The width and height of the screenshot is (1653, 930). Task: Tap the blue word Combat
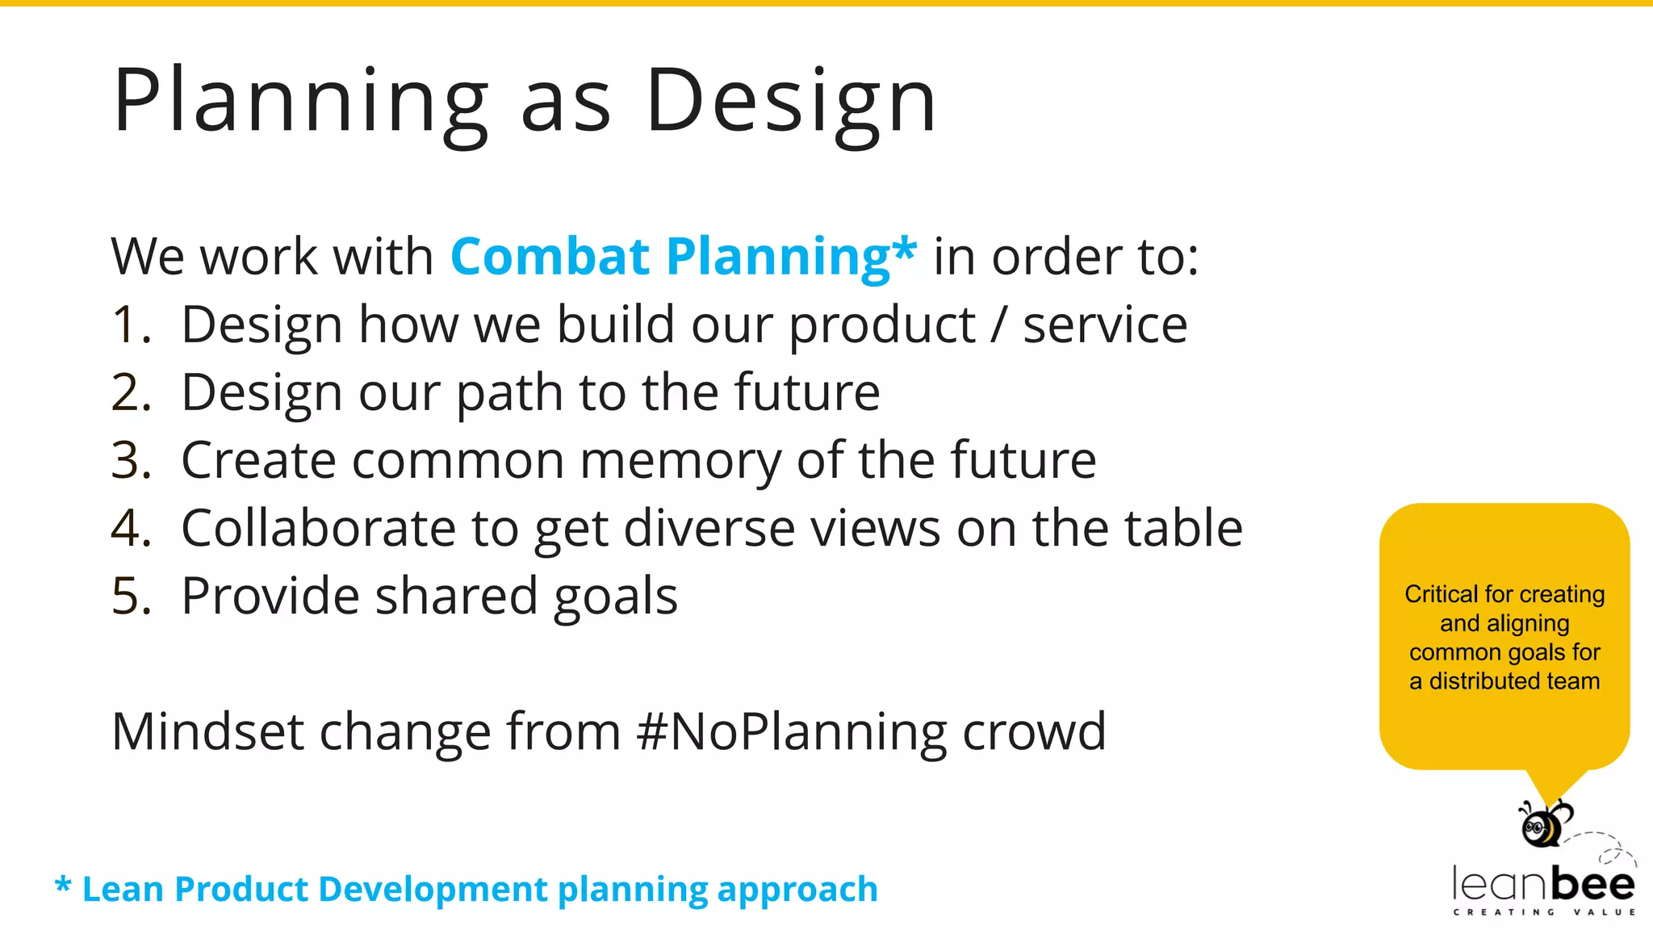pos(550,257)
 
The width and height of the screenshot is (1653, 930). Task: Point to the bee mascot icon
pos(1544,823)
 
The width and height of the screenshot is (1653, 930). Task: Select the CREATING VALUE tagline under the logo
pos(1544,912)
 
